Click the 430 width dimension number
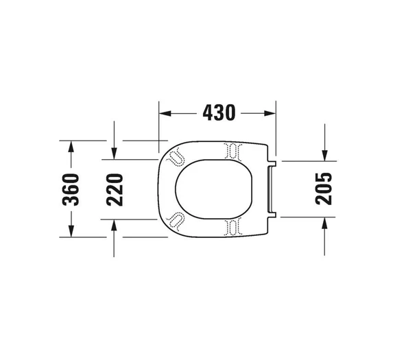coord(217,112)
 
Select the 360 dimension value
coord(71,189)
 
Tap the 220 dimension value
coord(115,189)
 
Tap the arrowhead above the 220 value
coord(115,154)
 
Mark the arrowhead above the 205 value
coord(324,156)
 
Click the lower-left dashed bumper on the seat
coord(176,220)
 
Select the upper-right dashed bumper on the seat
coord(233,150)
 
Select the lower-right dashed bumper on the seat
coord(233,226)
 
